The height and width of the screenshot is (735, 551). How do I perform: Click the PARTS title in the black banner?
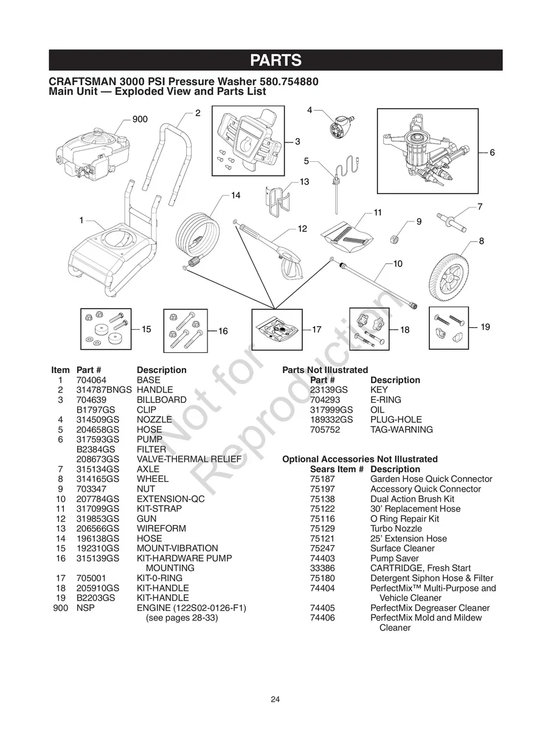click(x=275, y=60)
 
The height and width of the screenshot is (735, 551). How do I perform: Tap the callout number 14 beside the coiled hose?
click(x=235, y=195)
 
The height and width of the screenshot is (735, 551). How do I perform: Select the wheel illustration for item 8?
click(x=449, y=277)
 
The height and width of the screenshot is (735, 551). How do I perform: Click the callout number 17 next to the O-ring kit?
click(x=316, y=329)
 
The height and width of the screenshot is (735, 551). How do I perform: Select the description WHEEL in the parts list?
click(x=150, y=479)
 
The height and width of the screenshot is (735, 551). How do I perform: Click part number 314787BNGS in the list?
click(x=103, y=389)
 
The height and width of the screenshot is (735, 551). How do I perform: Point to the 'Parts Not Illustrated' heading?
click(x=325, y=370)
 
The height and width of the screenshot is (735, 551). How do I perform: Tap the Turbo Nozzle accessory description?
click(x=396, y=529)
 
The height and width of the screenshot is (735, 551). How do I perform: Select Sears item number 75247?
click(x=322, y=548)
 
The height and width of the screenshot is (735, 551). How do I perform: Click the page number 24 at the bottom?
click(x=275, y=699)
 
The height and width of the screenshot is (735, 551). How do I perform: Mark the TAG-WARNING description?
click(x=401, y=430)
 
